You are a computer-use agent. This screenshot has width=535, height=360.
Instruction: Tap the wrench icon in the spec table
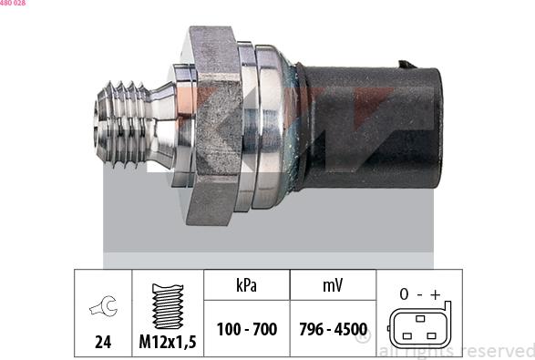(x=103, y=309)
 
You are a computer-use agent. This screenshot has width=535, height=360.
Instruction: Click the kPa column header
(x=246, y=285)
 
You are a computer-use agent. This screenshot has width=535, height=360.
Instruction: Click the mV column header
(x=332, y=285)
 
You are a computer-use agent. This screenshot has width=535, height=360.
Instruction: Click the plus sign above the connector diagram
(x=437, y=293)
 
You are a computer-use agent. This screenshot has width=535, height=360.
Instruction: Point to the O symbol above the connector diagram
(x=401, y=293)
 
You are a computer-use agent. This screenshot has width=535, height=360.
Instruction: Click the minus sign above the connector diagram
(x=419, y=293)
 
